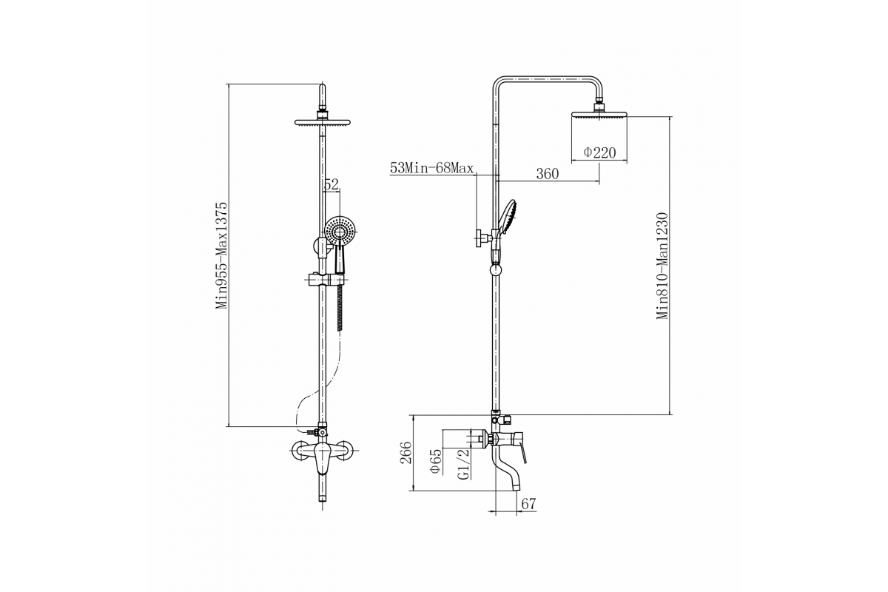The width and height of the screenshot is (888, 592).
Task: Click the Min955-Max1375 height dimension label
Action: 221,255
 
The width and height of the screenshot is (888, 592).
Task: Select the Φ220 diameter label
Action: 599,152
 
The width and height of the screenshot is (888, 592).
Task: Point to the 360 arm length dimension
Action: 547,174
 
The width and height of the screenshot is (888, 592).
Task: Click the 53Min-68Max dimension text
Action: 431,169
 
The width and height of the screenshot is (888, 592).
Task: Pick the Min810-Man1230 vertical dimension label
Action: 662,266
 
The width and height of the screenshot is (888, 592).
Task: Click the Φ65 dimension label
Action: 436,460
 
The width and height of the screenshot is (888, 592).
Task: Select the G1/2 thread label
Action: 464,464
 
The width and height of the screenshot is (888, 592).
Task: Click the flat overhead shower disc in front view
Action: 323,123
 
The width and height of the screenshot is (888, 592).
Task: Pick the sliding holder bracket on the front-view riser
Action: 324,280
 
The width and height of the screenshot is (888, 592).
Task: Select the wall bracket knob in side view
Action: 482,238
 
